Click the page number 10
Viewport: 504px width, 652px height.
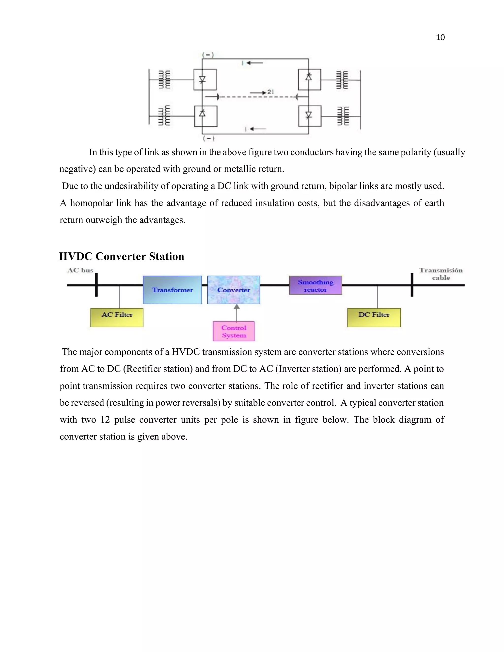pos(440,37)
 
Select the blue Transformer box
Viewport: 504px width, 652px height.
pos(172,290)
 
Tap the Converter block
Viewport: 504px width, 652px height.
pos(234,290)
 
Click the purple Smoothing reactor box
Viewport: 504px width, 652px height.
pos(315,285)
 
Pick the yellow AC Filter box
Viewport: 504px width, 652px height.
pos(117,317)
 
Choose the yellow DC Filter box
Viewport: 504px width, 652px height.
pos(374,317)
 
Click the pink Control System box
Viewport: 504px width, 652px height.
pos(234,331)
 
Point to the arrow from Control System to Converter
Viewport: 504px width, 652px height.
pos(236,312)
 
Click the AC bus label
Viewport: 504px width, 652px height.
pos(80,270)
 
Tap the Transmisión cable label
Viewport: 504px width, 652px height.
pos(441,274)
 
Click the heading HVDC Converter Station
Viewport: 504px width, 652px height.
pos(122,256)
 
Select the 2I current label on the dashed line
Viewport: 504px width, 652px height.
pos(270,92)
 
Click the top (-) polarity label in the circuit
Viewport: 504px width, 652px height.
pos(208,55)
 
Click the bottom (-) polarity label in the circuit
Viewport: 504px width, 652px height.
pos(208,139)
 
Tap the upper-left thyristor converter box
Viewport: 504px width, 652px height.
pos(205,80)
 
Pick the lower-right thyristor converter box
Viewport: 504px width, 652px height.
pos(310,116)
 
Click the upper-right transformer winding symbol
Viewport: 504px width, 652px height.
pos(342,80)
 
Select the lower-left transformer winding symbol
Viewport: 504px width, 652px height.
pos(164,116)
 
